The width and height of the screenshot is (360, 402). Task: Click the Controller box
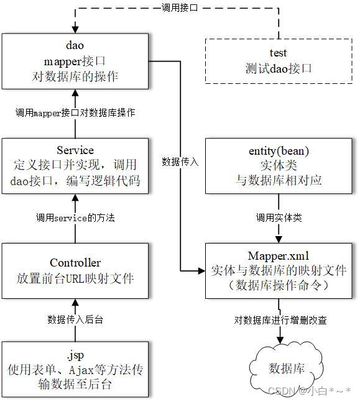[x=75, y=270]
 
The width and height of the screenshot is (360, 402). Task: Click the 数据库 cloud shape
[x=287, y=368]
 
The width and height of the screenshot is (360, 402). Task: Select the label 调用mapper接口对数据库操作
[x=75, y=113]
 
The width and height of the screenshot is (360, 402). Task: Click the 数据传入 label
[x=180, y=162]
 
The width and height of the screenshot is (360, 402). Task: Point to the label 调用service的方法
[x=75, y=218]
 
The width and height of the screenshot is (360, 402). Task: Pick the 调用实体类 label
[x=279, y=218]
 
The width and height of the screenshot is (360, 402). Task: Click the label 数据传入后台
[x=75, y=319]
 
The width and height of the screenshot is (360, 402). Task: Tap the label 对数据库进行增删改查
[x=280, y=321]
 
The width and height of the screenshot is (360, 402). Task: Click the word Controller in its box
[x=75, y=263]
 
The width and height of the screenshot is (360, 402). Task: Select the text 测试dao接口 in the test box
[x=274, y=69]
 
